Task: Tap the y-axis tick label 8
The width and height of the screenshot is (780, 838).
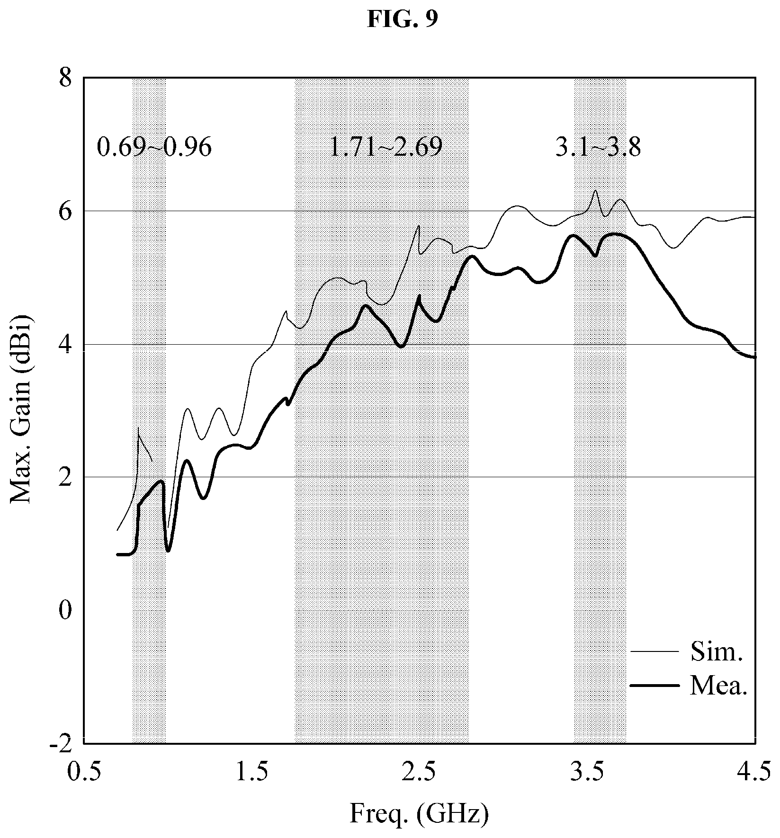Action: (x=65, y=78)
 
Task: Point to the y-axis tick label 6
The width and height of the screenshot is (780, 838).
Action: (x=65, y=211)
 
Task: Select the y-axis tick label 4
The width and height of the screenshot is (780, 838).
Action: (x=65, y=345)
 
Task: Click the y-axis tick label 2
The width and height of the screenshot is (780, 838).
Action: (x=65, y=478)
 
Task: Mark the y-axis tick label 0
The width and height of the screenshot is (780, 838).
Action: (x=65, y=611)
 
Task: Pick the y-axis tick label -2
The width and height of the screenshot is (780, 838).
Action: (x=61, y=744)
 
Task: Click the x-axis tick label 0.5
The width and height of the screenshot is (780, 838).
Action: (x=84, y=772)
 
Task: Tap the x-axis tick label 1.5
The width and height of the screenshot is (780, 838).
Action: (x=251, y=772)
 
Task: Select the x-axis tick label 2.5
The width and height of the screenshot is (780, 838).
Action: (x=420, y=772)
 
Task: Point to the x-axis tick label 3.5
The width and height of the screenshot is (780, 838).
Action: (x=587, y=772)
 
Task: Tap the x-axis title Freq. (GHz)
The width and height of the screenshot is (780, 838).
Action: (x=419, y=815)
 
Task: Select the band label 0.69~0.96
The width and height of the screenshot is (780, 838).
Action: (x=154, y=148)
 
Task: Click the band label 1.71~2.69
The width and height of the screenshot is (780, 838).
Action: (x=386, y=148)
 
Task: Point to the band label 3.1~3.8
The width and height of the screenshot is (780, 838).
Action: (x=598, y=148)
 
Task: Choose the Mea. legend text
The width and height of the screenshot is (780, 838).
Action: (x=718, y=686)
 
